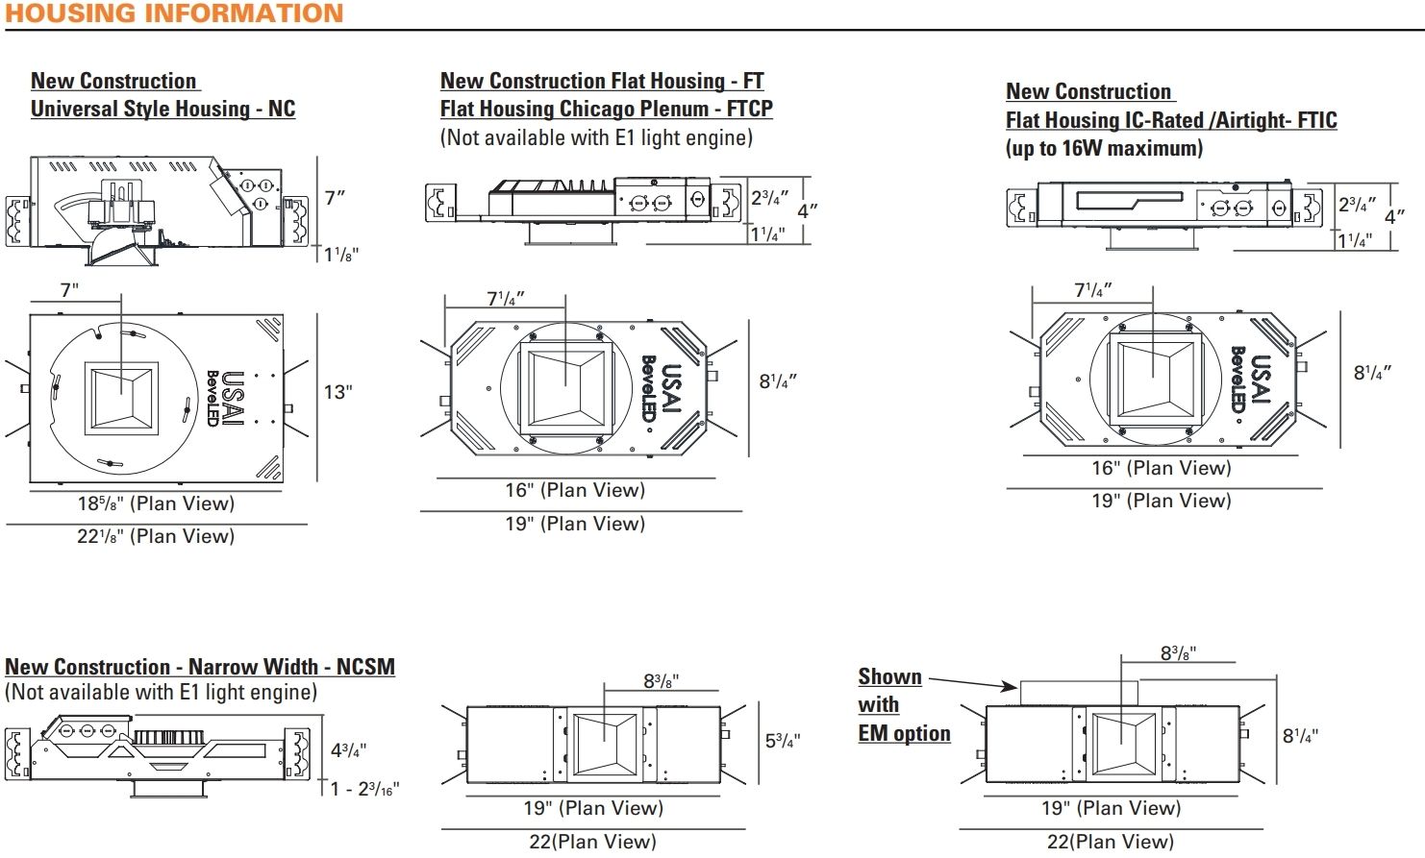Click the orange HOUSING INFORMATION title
pyautogui.click(x=174, y=13)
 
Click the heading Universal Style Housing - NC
pyautogui.click(x=162, y=109)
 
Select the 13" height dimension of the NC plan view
pyautogui.click(x=337, y=392)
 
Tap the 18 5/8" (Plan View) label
pyautogui.click(x=156, y=503)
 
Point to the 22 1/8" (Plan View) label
pyautogui.click(x=156, y=536)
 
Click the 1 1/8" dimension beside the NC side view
pyautogui.click(x=341, y=255)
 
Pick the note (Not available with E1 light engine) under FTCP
pyautogui.click(x=596, y=137)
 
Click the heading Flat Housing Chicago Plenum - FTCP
pyautogui.click(x=606, y=109)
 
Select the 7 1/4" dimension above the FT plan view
pyautogui.click(x=506, y=299)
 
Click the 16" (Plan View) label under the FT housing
pyautogui.click(x=575, y=490)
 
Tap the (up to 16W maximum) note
pyautogui.click(x=1104, y=148)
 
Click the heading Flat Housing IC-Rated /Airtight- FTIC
pyautogui.click(x=1171, y=120)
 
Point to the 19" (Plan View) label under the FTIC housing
pyautogui.click(x=1161, y=501)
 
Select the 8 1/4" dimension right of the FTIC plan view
pyautogui.click(x=1372, y=373)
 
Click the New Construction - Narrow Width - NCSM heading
pyautogui.click(x=200, y=667)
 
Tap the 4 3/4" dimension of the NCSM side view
pyautogui.click(x=348, y=750)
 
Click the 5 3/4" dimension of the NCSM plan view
pyautogui.click(x=782, y=741)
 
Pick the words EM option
pyautogui.click(x=904, y=733)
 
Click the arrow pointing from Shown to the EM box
pyautogui.click(x=972, y=682)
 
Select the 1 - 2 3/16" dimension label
pyautogui.click(x=364, y=789)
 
